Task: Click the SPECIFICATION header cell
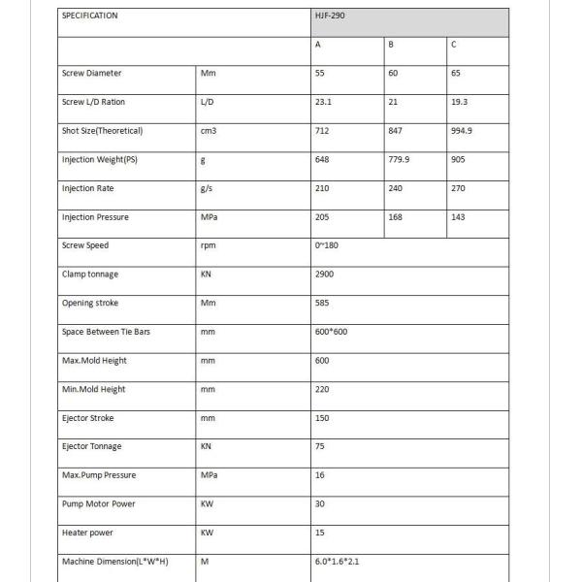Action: point(89,16)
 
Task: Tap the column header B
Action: point(390,45)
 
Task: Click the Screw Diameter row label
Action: point(91,74)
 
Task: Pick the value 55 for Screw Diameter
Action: point(321,74)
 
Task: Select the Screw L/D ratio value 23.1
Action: point(324,102)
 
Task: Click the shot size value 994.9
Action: point(462,131)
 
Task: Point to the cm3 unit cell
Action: point(208,131)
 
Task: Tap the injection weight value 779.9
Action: point(399,159)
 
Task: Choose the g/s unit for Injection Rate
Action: point(206,188)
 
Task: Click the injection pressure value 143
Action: point(458,217)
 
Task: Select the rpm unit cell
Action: point(207,245)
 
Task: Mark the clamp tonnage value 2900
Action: point(325,275)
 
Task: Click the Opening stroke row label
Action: point(90,303)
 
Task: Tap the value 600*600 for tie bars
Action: point(331,332)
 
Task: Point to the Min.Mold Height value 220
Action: point(322,389)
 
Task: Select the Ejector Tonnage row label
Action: point(92,446)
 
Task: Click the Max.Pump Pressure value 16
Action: point(320,475)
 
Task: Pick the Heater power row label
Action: point(87,533)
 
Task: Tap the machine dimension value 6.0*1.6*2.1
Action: point(338,562)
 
